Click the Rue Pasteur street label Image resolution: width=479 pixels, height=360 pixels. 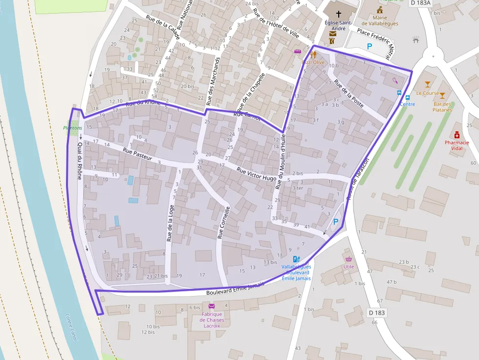click(138, 154)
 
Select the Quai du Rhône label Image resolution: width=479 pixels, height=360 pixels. click(80, 162)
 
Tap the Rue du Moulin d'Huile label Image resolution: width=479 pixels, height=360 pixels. click(280, 162)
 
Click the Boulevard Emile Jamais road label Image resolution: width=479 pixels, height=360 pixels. click(236, 288)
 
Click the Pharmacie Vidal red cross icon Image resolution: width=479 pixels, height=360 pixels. click(457, 135)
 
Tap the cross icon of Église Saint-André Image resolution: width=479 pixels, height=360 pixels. click(338, 14)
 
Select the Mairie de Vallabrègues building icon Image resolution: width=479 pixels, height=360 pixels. click(380, 10)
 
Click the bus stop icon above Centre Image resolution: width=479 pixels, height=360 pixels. click(400, 93)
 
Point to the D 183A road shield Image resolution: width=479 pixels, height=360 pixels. click(420, 3)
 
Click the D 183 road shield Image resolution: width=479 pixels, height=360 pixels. click(377, 312)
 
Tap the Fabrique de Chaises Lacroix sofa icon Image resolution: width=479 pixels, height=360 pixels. click(212, 306)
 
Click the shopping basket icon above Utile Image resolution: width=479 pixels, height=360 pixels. click(348, 259)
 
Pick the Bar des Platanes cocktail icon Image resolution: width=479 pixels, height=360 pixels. click(442, 96)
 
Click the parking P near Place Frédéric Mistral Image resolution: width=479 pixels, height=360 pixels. click(370, 46)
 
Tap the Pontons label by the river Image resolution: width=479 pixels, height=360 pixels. click(73, 127)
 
